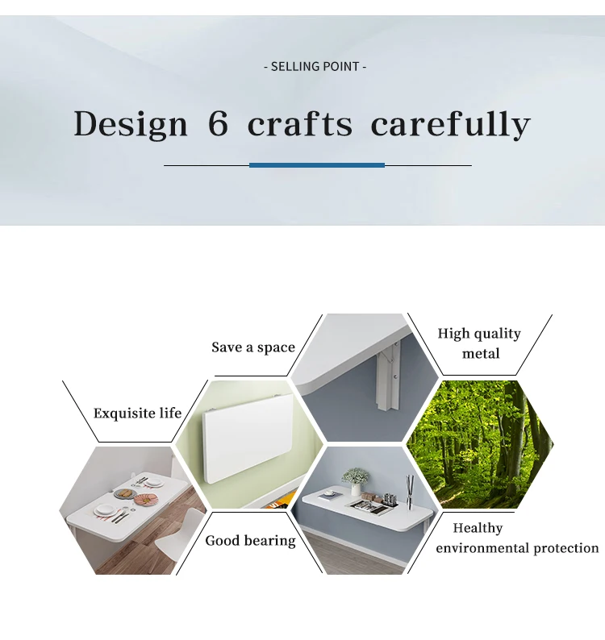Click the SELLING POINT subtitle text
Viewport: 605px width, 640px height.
click(315, 66)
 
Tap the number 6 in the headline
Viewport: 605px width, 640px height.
click(218, 123)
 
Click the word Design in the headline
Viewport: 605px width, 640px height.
click(131, 124)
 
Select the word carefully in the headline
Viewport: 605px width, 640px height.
click(450, 123)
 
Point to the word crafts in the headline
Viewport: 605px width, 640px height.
click(300, 123)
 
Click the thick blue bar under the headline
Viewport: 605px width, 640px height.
click(317, 165)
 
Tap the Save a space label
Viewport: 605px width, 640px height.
click(253, 347)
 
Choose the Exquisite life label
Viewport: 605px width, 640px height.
click(137, 413)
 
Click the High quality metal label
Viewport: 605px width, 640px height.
click(480, 343)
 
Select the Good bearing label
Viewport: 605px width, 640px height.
click(250, 540)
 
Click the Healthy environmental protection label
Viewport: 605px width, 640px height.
click(517, 538)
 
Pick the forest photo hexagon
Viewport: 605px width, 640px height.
click(480, 444)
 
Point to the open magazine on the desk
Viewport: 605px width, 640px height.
click(372, 507)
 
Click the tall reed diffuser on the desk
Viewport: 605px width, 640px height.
click(409, 492)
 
